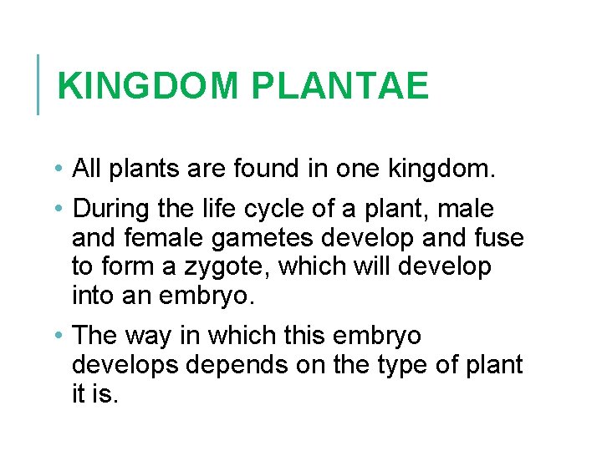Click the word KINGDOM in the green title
149,86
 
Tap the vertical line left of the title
38,84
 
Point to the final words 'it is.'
95,393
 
